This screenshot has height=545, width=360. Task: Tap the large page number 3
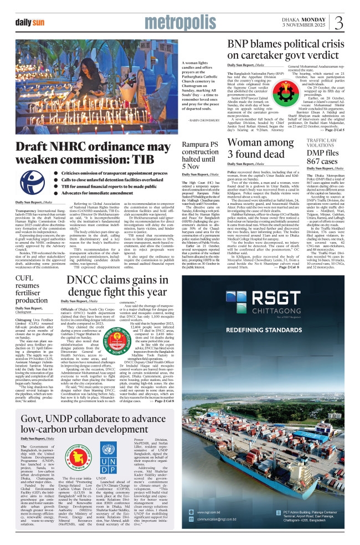(338, 22)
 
